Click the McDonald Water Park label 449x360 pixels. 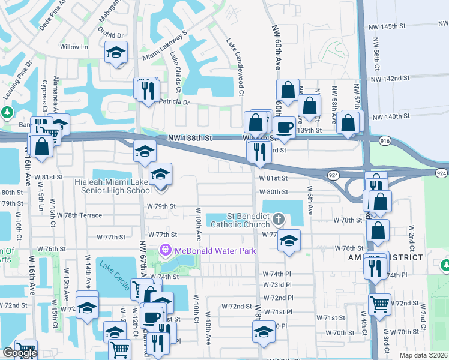[x=215, y=250]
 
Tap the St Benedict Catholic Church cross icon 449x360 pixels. [x=278, y=217]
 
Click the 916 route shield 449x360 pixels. [x=385, y=140]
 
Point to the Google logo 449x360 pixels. [x=19, y=353]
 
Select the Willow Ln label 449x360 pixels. [x=73, y=46]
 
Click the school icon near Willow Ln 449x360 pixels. [x=116, y=52]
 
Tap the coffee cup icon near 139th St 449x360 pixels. [x=284, y=128]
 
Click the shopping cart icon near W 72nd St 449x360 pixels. [x=379, y=304]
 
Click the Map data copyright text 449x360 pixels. [x=424, y=355]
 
